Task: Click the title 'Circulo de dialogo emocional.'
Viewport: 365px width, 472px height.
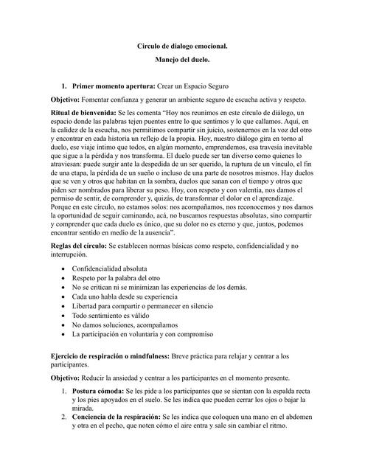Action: (183, 46)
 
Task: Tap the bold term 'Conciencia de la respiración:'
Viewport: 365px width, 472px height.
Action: (118, 437)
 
